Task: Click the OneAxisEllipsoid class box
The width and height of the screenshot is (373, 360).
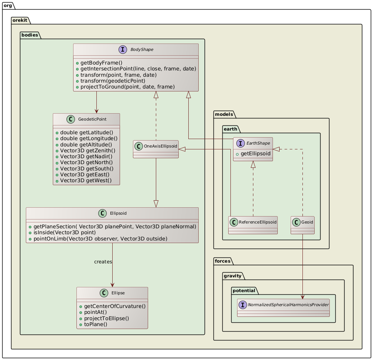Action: pos(156,149)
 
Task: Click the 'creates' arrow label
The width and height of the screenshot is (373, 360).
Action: pos(103,262)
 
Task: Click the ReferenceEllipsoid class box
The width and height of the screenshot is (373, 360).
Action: pos(253,225)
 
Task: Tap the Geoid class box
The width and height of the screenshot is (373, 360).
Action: pos(302,225)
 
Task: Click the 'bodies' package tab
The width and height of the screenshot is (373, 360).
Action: pos(30,35)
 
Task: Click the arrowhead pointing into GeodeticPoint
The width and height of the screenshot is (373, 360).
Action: pos(96,111)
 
